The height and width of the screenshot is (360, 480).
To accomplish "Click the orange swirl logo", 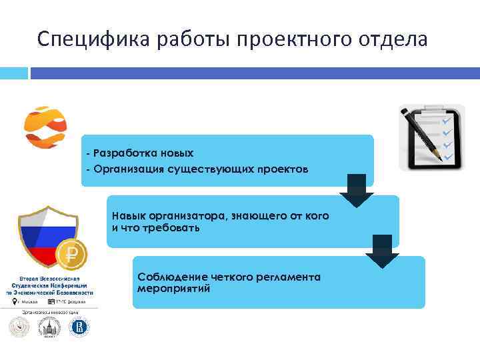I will pos(45,127).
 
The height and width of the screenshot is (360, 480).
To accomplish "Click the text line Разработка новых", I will pos(140,154).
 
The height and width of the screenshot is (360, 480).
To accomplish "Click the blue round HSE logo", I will pos(79,327).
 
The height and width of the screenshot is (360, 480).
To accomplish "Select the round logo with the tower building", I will pos(49,327).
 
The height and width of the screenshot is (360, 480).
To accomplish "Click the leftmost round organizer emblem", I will pos(19,327).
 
